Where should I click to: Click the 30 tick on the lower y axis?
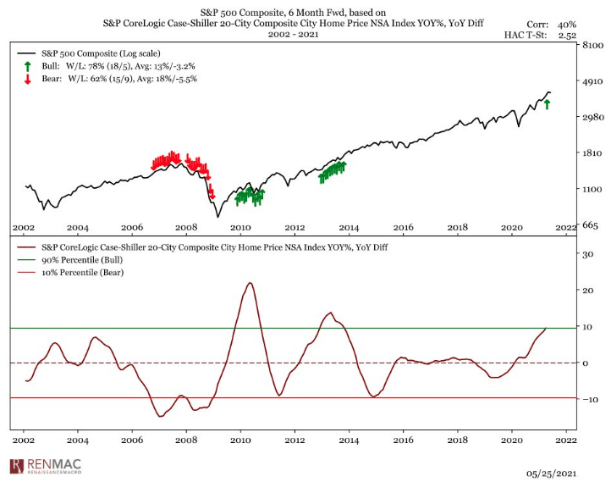point(583,253)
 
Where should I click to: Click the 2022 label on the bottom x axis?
point(565,441)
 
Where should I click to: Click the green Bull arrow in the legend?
point(28,66)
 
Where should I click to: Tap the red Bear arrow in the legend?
point(28,80)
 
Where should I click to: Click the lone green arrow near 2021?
point(548,103)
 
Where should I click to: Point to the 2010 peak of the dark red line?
point(250,283)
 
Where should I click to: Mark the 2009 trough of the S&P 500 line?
point(217,216)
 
